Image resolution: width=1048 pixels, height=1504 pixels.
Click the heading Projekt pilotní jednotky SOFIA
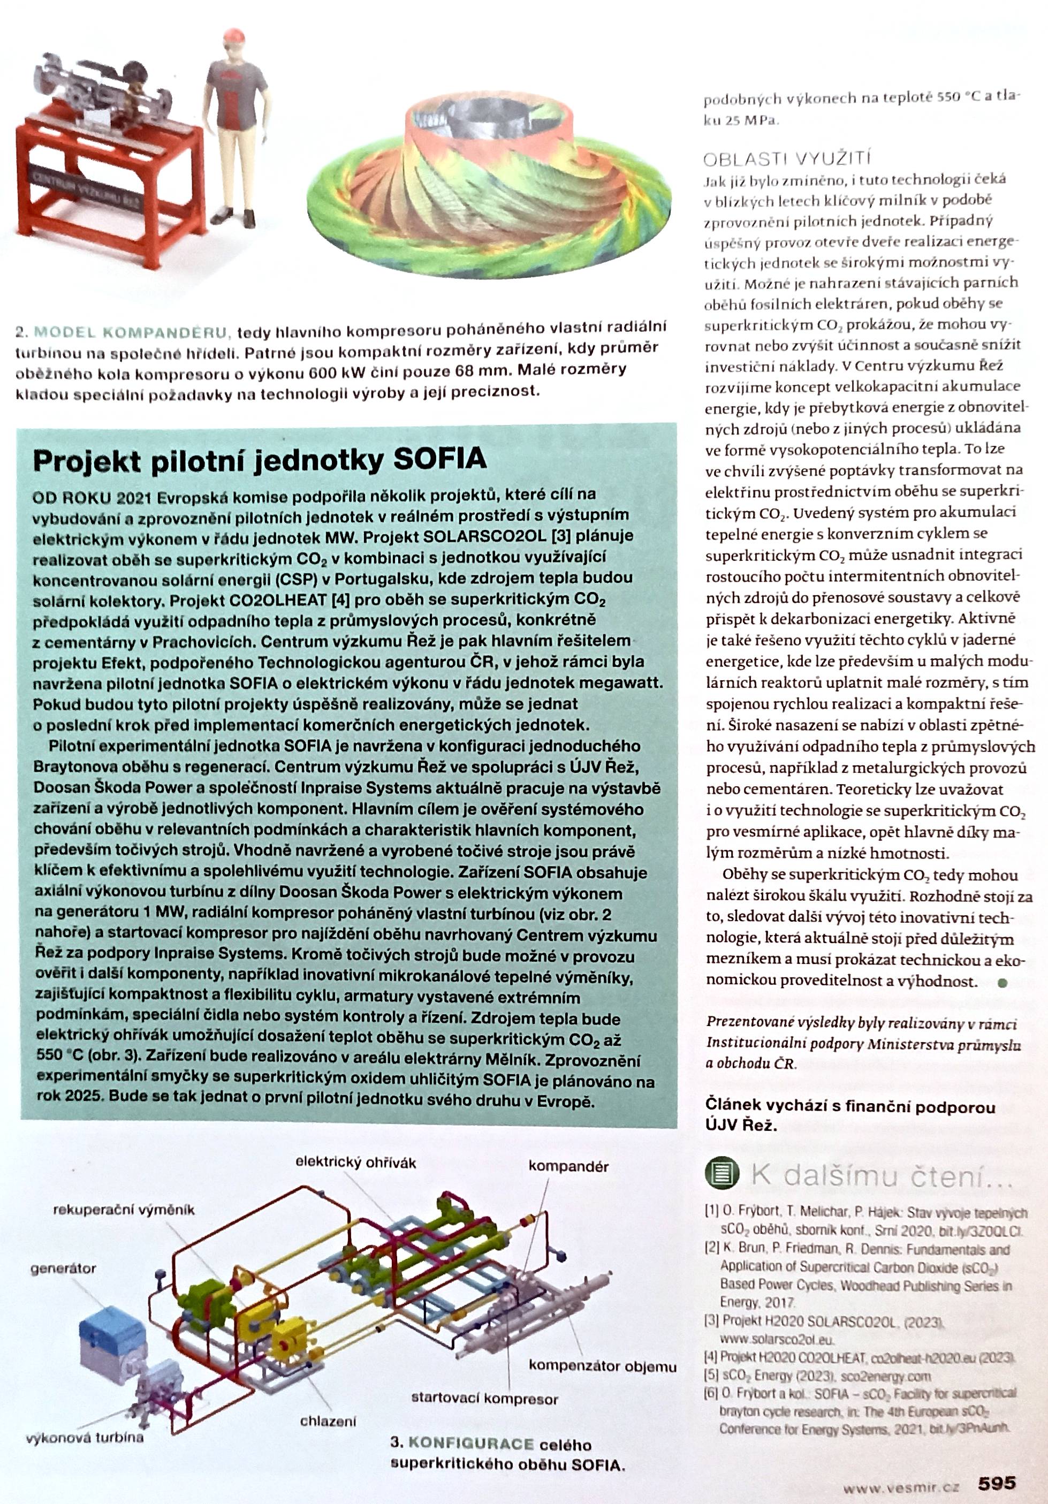[260, 460]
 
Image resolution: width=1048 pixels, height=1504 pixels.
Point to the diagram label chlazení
[328, 1422]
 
